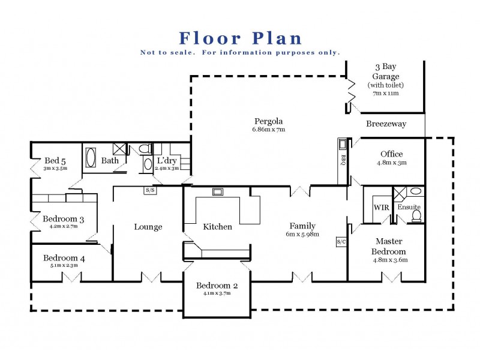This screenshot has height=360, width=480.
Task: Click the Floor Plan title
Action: tap(241, 38)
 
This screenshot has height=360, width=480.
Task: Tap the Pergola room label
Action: tap(268, 121)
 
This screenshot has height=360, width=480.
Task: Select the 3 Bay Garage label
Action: tap(386, 72)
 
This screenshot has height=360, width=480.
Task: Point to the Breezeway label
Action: tap(386, 124)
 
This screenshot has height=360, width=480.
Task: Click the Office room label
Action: tap(391, 154)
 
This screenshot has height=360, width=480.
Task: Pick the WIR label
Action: tap(382, 207)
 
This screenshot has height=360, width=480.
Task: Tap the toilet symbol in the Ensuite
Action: tap(417, 216)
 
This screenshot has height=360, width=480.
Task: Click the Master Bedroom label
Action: tap(389, 247)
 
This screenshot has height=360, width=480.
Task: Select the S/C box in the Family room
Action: tap(341, 242)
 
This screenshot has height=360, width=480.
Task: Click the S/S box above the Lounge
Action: tap(149, 190)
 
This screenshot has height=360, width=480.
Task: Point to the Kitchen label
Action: tap(217, 227)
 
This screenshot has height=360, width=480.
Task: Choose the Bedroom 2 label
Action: tap(217, 286)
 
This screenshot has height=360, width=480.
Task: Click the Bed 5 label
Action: tap(55, 160)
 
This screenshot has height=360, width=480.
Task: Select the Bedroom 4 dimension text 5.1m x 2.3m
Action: tap(64, 267)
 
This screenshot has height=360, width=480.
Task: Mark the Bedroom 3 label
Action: tap(63, 220)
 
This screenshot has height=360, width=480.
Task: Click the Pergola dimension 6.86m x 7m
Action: tap(268, 129)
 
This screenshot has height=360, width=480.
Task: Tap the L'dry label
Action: tap(166, 161)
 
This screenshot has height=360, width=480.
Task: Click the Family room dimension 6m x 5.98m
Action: tap(303, 235)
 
